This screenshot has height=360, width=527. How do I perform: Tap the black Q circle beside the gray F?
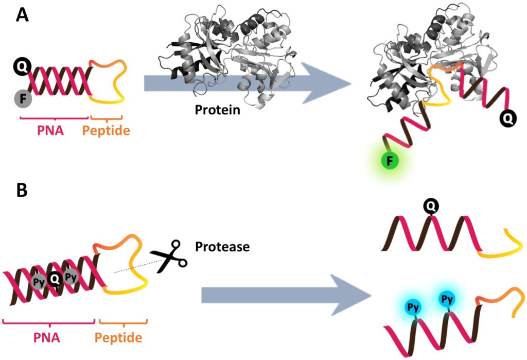(x=23, y=66)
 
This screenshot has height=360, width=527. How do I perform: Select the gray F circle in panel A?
(x=23, y=97)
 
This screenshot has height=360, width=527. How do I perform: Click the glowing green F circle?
(x=390, y=162)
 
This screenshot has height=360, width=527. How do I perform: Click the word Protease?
(x=222, y=247)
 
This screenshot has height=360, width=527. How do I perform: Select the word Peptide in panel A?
(x=106, y=131)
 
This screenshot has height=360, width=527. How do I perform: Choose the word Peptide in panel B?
(x=118, y=338)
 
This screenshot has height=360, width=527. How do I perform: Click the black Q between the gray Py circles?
(x=54, y=280)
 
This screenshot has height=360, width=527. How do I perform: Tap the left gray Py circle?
(x=39, y=282)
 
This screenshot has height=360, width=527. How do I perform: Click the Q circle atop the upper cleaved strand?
(x=431, y=207)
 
